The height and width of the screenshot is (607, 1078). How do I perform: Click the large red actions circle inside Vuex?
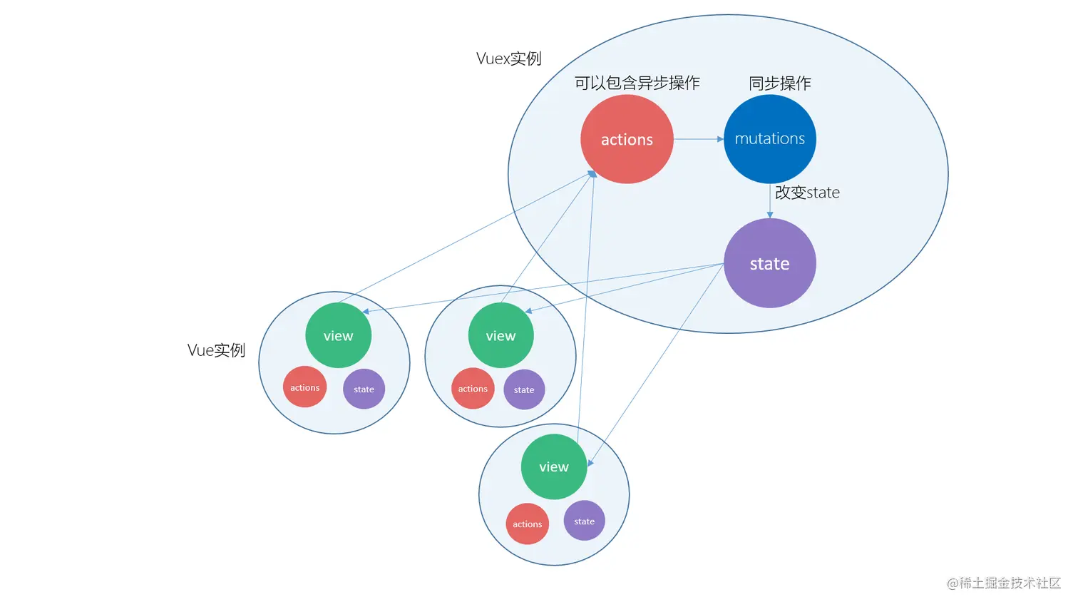click(x=627, y=139)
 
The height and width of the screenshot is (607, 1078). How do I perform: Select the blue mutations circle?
click(x=769, y=139)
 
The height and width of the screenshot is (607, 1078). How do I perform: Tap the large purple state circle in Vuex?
click(x=769, y=263)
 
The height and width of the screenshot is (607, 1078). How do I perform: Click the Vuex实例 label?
click(x=508, y=58)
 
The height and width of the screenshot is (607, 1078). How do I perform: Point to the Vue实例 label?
click(x=216, y=350)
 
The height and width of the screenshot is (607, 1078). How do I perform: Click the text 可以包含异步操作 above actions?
click(x=637, y=83)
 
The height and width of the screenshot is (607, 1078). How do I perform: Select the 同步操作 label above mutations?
click(x=779, y=83)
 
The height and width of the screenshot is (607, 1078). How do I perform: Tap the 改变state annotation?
click(x=807, y=193)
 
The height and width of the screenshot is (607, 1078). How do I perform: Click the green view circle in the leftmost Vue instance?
click(x=338, y=335)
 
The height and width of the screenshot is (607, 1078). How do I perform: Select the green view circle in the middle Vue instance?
click(x=500, y=335)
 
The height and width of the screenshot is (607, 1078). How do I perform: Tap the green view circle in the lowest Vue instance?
click(x=553, y=466)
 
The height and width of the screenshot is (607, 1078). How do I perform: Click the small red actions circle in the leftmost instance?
click(x=304, y=387)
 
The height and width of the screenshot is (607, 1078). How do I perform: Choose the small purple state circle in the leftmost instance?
click(x=364, y=389)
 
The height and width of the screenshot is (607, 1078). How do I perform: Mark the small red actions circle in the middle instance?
click(x=473, y=389)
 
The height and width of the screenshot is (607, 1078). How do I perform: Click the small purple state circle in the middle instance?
click(x=524, y=389)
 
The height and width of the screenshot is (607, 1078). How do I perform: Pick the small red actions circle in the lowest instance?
click(x=527, y=524)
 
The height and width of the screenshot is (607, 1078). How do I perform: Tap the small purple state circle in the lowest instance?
click(x=584, y=521)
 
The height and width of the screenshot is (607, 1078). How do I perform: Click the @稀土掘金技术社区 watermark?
click(x=1003, y=583)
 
